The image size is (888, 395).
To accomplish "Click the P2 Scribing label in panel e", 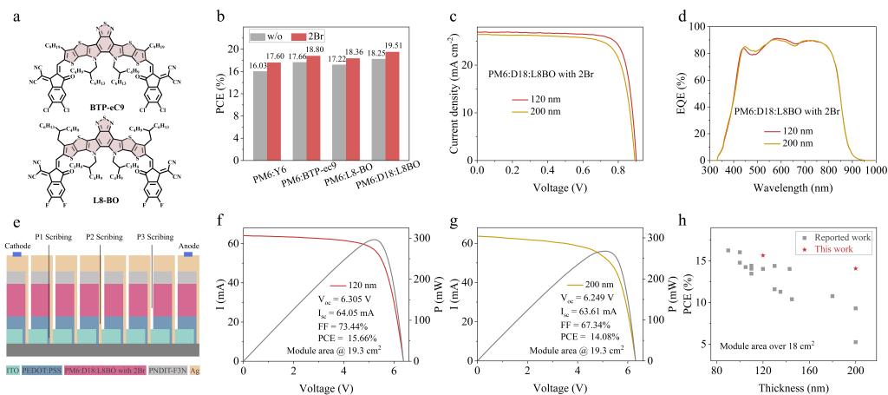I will (102, 236).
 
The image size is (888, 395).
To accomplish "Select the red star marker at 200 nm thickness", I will (856, 268).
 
